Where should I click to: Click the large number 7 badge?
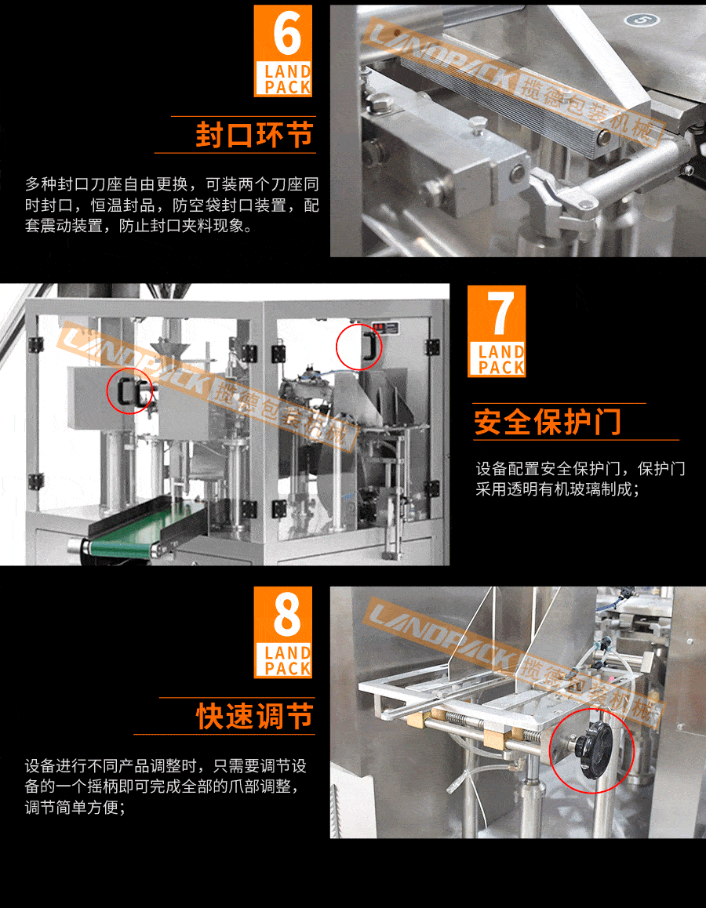(x=496, y=314)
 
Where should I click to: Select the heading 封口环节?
(x=254, y=134)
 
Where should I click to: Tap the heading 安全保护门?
(x=548, y=422)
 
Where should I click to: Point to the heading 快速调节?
(x=254, y=716)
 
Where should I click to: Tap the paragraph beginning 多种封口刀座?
(x=172, y=205)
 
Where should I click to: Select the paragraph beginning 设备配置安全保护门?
(x=580, y=479)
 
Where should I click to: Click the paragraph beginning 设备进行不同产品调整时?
(x=165, y=786)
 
